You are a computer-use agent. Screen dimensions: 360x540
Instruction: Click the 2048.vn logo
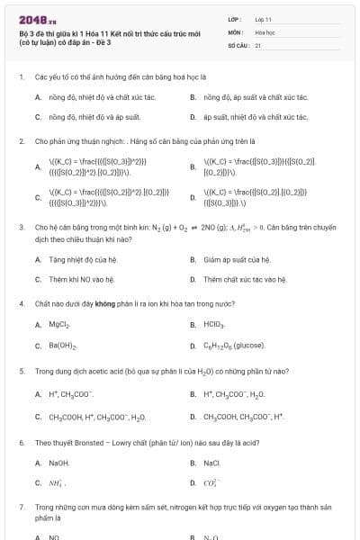[x=38, y=19]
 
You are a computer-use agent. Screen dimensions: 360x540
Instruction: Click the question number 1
[x=21, y=77]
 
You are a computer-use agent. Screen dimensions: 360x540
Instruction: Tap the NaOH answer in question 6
[x=59, y=463]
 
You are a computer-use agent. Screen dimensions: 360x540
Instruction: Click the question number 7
[x=21, y=508]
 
